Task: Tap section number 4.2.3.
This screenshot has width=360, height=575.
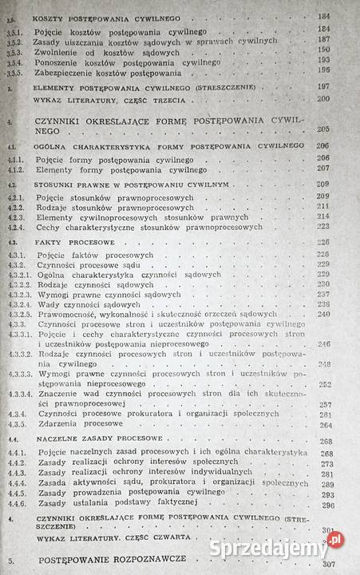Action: point(14,216)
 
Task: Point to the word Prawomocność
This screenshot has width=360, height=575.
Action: point(70,314)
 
